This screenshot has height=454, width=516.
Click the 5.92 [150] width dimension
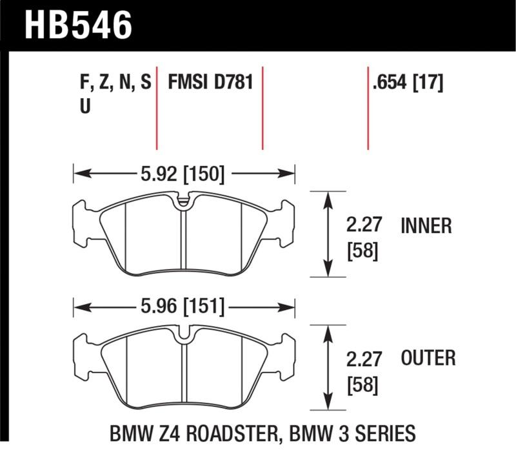[x=182, y=173]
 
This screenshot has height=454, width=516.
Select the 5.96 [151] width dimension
[x=182, y=306]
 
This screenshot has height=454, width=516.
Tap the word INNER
[x=426, y=225]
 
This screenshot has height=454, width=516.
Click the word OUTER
[x=428, y=357]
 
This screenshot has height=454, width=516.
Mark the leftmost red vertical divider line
[x=157, y=107]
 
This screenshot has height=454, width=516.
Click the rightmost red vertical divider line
[x=368, y=107]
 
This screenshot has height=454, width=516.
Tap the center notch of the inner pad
[x=184, y=201]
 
